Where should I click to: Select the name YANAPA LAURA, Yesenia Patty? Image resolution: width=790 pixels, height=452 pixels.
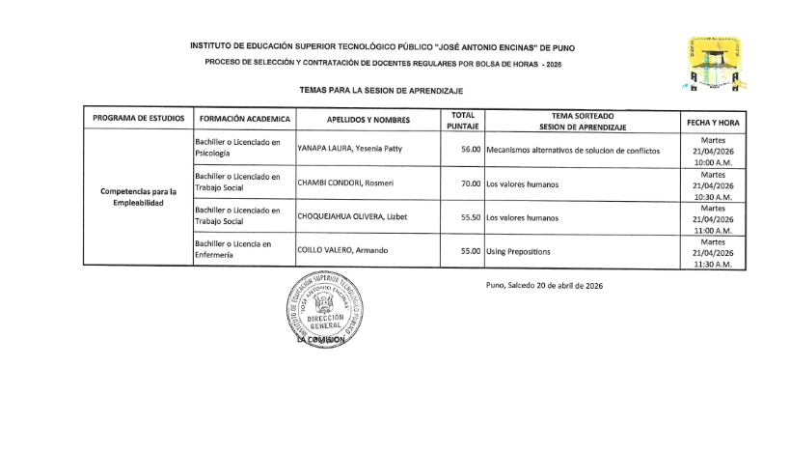click(349, 149)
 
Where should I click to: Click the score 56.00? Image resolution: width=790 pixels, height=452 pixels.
click(471, 150)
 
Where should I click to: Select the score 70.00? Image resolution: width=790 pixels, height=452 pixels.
click(471, 184)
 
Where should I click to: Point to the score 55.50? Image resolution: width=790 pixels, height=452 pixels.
click(471, 217)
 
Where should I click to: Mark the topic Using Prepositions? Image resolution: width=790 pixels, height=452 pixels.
click(518, 251)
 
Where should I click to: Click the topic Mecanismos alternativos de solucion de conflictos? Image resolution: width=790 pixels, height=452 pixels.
click(573, 150)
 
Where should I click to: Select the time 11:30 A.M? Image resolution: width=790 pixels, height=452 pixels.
click(713, 262)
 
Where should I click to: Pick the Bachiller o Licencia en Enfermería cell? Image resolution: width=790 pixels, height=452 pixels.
click(232, 249)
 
